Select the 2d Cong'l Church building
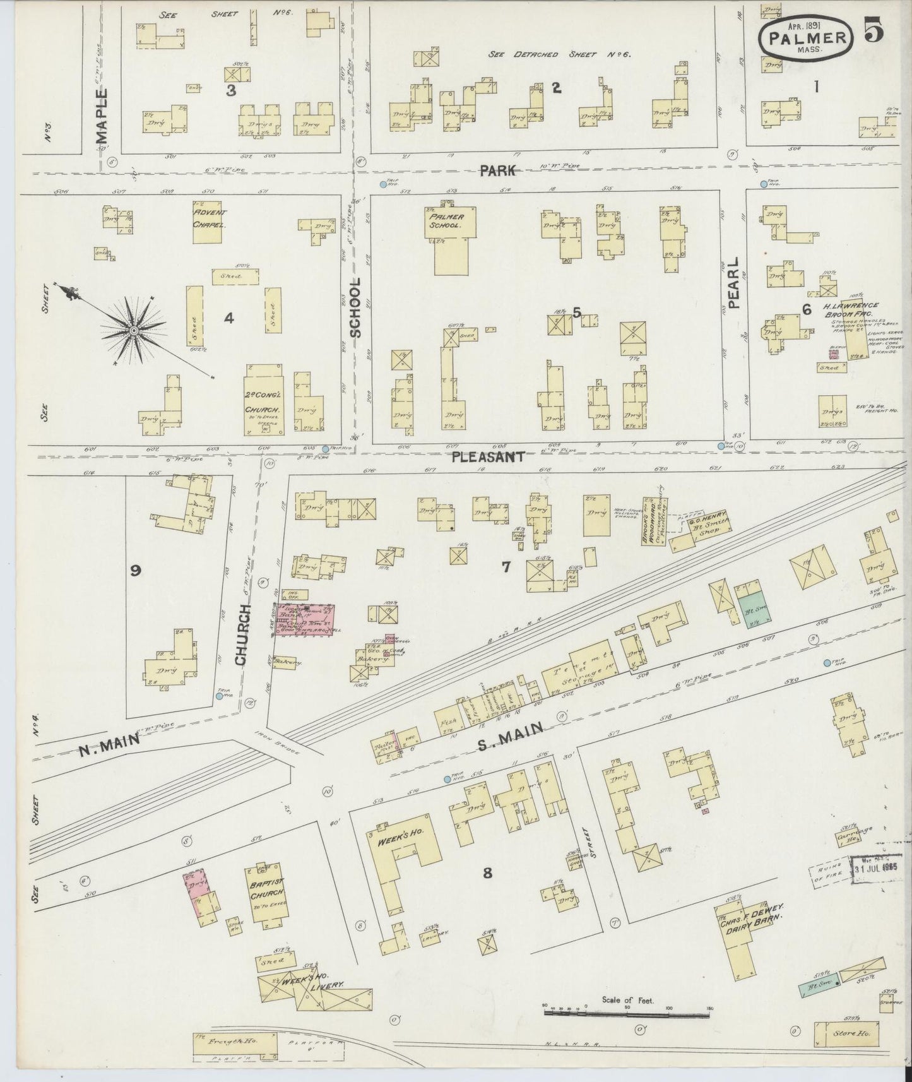[263, 400]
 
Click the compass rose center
[134, 331]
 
